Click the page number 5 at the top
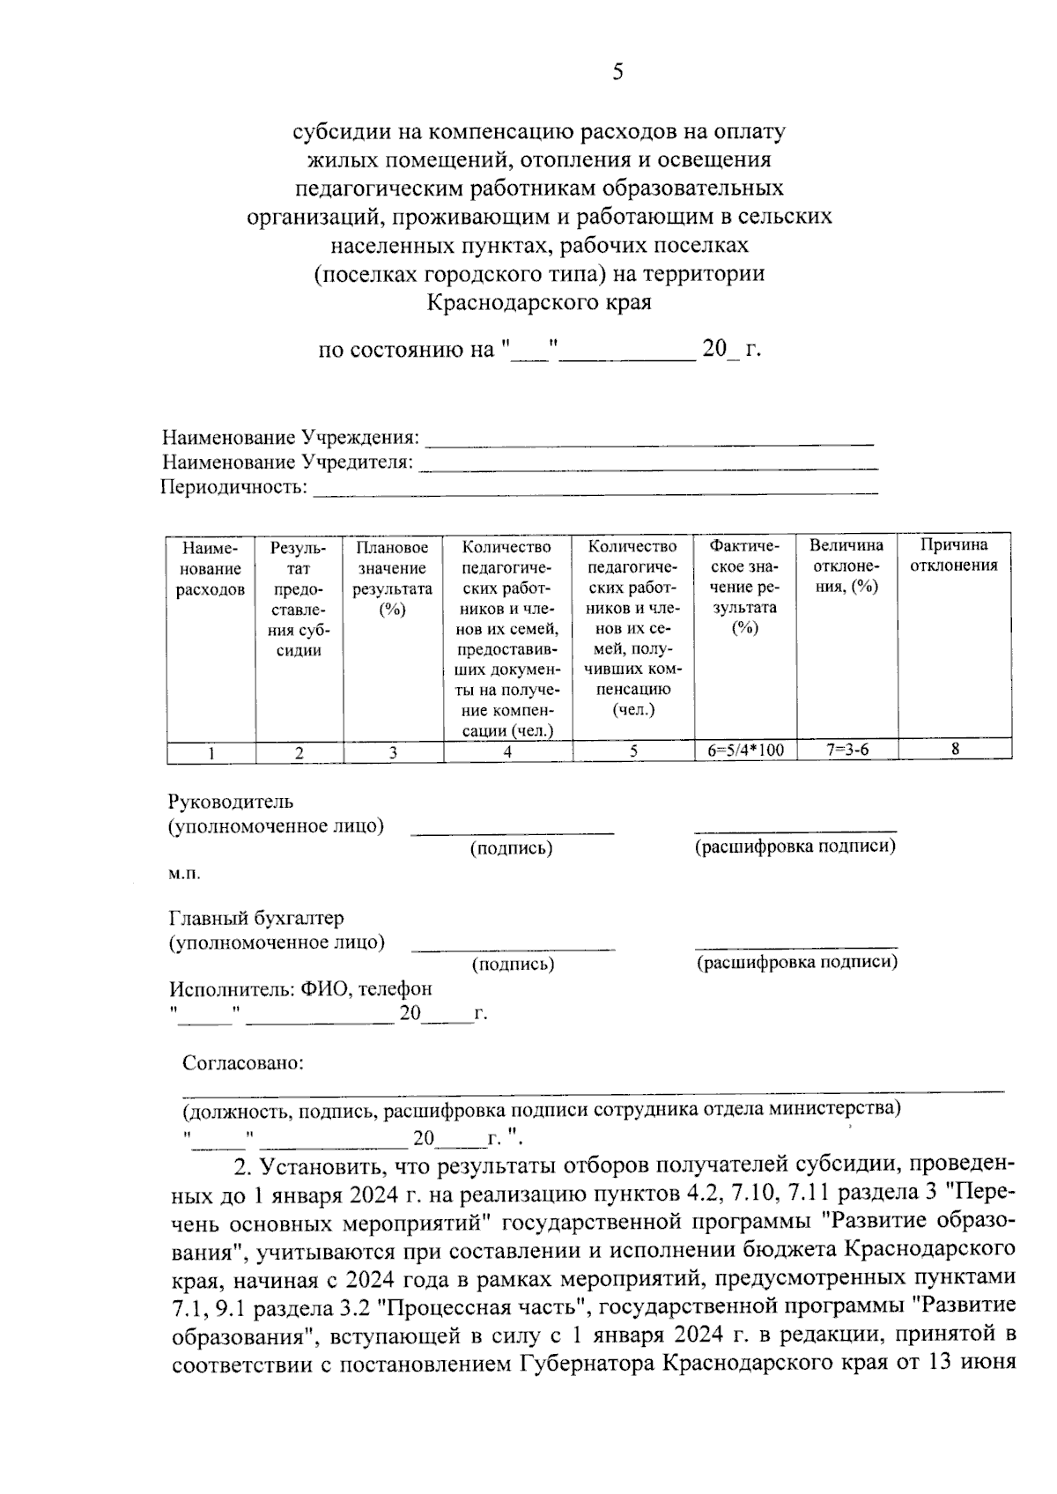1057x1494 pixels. click(617, 72)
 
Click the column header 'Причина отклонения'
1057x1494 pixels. click(954, 556)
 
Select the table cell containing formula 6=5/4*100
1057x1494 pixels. click(745, 751)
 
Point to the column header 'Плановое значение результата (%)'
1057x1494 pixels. click(393, 579)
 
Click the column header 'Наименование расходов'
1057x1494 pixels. click(211, 569)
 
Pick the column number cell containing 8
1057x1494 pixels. click(954, 750)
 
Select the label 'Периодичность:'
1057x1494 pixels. click(234, 487)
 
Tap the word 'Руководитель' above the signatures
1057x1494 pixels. click(231, 802)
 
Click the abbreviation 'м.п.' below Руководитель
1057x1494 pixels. click(184, 873)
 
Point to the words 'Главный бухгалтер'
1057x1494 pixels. click(256, 919)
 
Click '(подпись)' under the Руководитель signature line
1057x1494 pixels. click(511, 848)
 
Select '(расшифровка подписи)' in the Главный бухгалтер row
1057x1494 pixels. click(797, 962)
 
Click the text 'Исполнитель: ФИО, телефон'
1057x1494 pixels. click(301, 989)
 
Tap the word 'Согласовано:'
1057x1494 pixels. click(242, 1063)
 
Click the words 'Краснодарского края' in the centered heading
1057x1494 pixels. click(539, 303)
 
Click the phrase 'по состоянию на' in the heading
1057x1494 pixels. click(406, 350)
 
